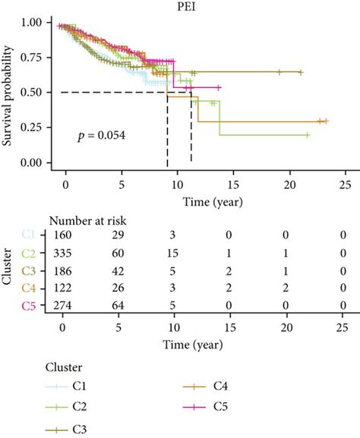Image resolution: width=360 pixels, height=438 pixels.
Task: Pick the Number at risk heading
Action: coord(87,220)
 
